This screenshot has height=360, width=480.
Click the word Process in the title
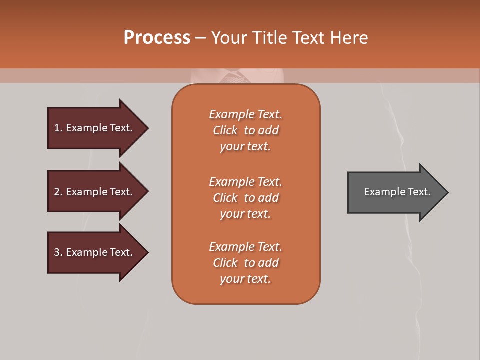click(x=157, y=38)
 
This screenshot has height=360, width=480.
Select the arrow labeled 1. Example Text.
click(x=95, y=128)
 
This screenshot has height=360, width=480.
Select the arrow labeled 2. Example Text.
click(x=95, y=192)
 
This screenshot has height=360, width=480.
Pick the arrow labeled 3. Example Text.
click(x=95, y=252)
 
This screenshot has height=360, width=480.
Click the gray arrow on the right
click(x=395, y=192)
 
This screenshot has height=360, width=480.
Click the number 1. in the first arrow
click(x=58, y=128)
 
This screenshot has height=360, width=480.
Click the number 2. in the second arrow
click(x=58, y=192)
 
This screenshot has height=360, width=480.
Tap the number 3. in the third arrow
click(x=58, y=252)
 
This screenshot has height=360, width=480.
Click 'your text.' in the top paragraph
click(x=245, y=147)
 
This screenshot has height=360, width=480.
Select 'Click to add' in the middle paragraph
click(x=245, y=198)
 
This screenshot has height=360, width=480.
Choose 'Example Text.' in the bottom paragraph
click(x=245, y=247)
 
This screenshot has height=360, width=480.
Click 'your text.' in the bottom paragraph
click(x=245, y=279)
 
